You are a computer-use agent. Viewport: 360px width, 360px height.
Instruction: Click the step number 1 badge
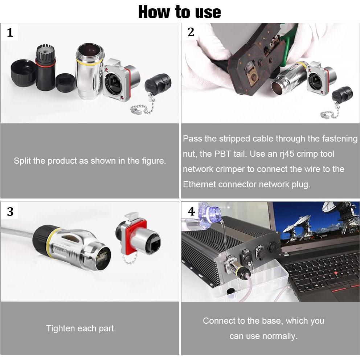click(10, 33)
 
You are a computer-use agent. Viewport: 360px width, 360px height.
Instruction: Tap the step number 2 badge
click(191, 32)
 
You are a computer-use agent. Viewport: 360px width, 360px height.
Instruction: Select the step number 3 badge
click(10, 211)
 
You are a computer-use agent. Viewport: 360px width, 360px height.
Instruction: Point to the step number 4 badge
click(191, 211)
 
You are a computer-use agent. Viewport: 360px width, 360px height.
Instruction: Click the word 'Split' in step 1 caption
click(22, 161)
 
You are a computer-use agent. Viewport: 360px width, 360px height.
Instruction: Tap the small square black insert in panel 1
click(65, 82)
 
